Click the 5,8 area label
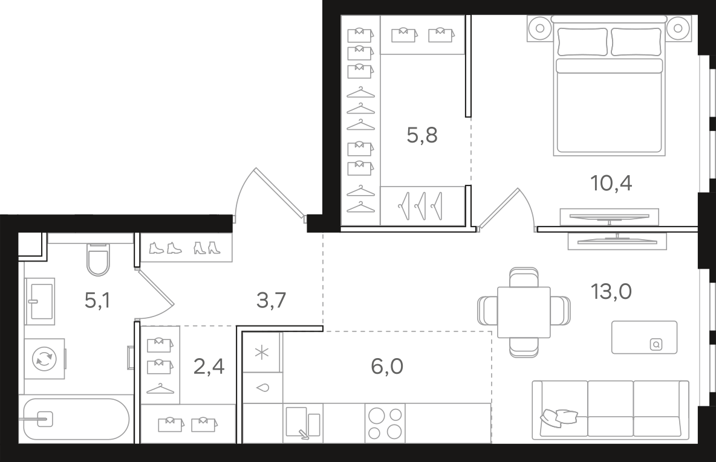pyautogui.click(x=422, y=135)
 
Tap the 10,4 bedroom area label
pyautogui.click(x=611, y=183)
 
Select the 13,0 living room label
pyautogui.click(x=611, y=291)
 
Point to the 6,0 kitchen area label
pyautogui.click(x=387, y=366)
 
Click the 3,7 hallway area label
pyautogui.click(x=272, y=300)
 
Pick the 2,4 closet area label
pyautogui.click(x=209, y=366)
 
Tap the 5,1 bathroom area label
pyautogui.click(x=97, y=300)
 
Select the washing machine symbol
pyautogui.click(x=44, y=359)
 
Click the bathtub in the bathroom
pyautogui.click(x=76, y=419)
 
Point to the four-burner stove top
pyautogui.click(x=385, y=423)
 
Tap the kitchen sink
pyautogui.click(x=303, y=423)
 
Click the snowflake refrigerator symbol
pyautogui.click(x=262, y=352)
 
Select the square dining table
pyautogui.click(x=524, y=312)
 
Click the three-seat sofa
pyautogui.click(x=611, y=409)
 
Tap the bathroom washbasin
pyautogui.click(x=40, y=301)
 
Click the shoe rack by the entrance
pyautogui.click(x=186, y=248)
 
